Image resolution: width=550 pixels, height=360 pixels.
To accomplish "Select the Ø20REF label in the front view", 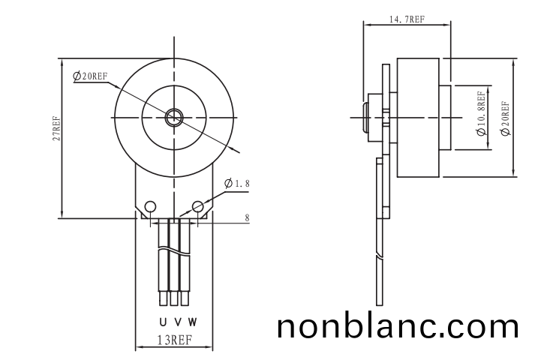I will point(90,76).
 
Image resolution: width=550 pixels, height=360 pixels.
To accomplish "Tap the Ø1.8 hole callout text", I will point(236,184).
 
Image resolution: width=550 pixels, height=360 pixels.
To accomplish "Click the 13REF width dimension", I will point(172,339).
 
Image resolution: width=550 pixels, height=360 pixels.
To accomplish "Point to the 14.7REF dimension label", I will point(405,20).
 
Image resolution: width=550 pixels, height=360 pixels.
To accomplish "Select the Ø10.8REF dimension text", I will point(481,112).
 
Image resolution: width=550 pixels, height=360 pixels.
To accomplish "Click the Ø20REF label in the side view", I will point(504,117).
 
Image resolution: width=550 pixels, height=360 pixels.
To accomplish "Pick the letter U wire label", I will point(163,322).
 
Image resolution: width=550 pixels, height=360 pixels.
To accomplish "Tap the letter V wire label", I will point(177,322).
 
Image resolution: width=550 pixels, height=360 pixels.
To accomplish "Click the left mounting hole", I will point(150,206).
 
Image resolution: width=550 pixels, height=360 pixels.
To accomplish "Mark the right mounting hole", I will point(198,206).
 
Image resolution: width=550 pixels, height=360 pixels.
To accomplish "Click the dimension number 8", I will point(248,218).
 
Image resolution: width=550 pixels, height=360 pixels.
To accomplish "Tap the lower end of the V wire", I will point(173,300).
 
